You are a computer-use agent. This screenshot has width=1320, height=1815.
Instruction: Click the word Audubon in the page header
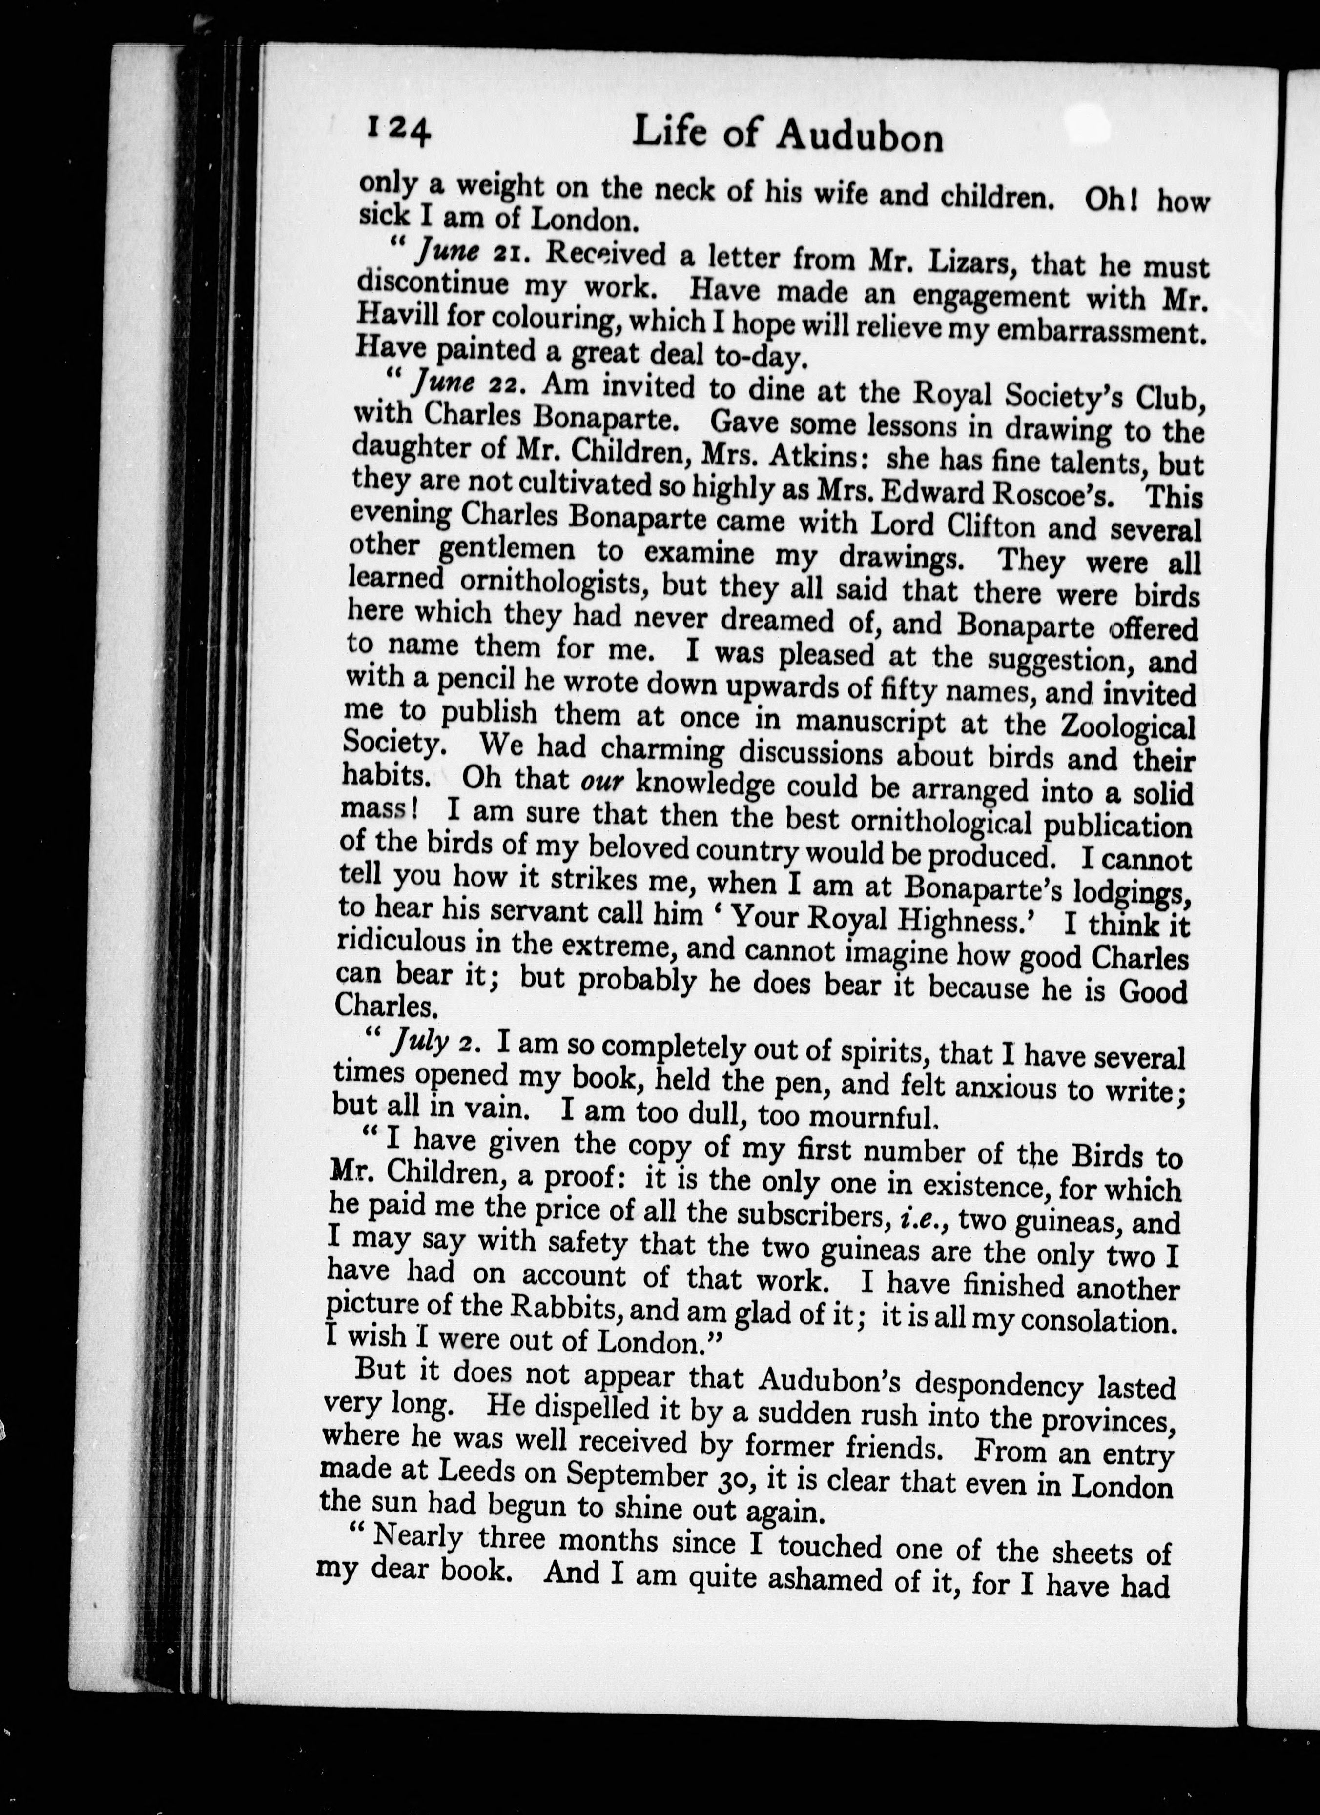point(861,139)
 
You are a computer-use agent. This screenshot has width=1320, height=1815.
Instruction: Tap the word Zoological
point(1127,726)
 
